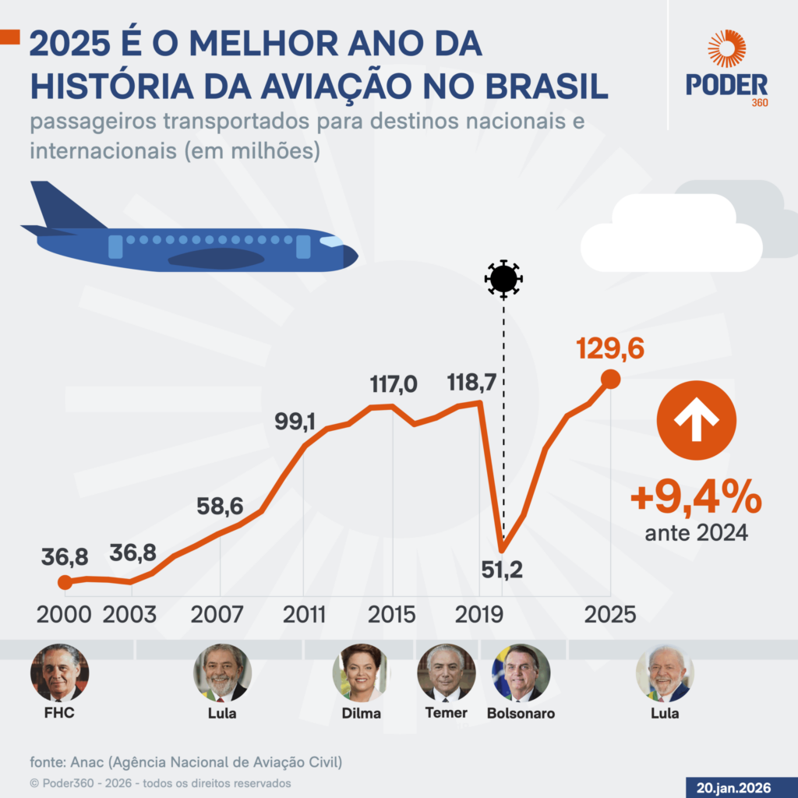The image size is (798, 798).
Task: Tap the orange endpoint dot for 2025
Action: pos(611,380)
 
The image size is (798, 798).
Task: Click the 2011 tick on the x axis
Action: pos(304,613)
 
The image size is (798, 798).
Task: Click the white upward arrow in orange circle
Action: pos(696,420)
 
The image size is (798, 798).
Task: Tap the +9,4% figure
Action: pos(696,499)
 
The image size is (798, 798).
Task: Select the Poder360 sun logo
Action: pos(726,49)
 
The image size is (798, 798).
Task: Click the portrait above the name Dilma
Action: pos(360,673)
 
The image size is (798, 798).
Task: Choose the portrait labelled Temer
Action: pos(447,673)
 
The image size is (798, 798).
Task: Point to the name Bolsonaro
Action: pos(521,713)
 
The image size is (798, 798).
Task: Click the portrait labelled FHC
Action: pos(59,673)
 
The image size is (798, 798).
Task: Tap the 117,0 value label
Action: pos(394,384)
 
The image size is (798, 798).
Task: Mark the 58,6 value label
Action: pos(220,507)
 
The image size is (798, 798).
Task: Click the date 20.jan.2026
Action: pos(741,786)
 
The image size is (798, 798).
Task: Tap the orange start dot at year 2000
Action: pos(65,582)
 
